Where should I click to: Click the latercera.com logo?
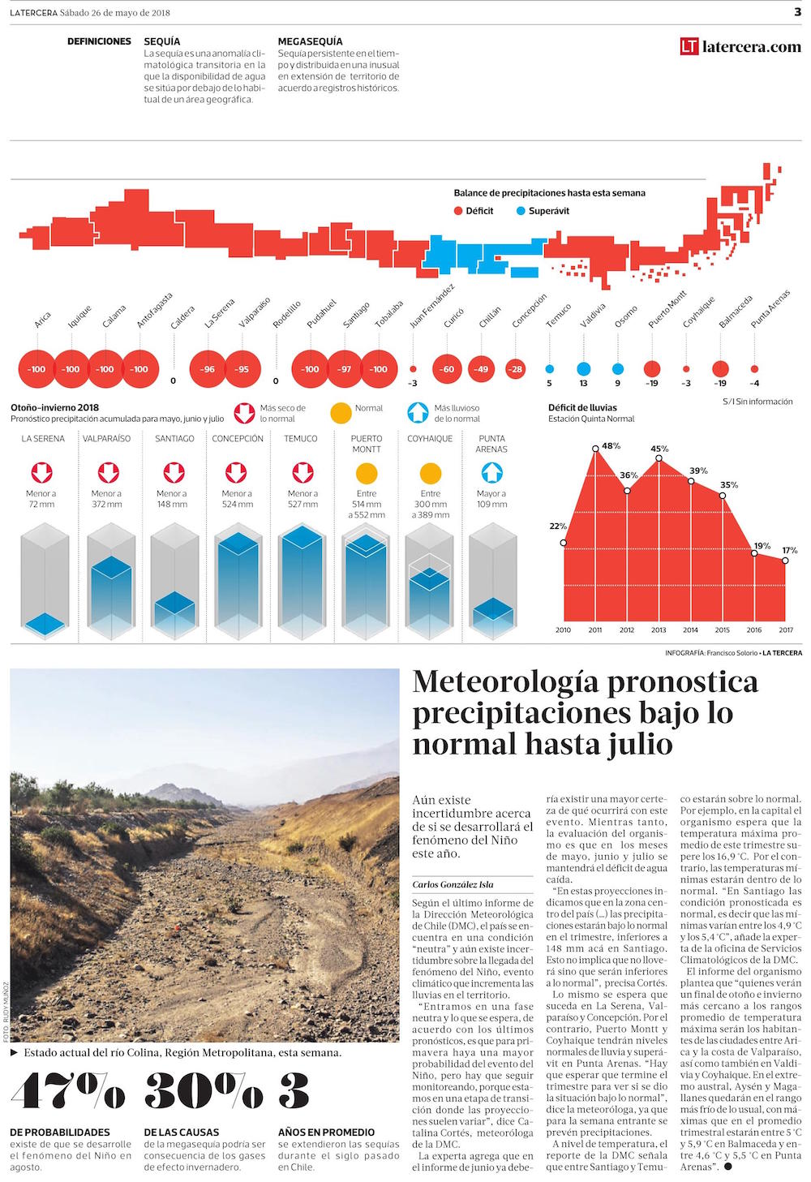740,47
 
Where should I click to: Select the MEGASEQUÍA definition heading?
310,41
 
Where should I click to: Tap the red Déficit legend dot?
458,211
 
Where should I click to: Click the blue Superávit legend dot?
521,211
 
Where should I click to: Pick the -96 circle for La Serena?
208,369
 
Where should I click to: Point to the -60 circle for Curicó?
447,369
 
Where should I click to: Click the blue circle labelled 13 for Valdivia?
583,369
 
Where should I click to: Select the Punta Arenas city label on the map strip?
770,309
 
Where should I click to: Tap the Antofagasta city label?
154,310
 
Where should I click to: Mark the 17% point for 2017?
786,559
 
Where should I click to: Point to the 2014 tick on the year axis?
690,630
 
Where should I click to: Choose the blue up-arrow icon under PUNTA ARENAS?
491,472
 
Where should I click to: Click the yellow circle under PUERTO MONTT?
367,473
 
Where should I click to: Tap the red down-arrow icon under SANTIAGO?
174,472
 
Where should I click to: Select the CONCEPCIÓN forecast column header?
238,439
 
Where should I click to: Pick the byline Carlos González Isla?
453,884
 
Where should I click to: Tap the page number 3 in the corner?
797,12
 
